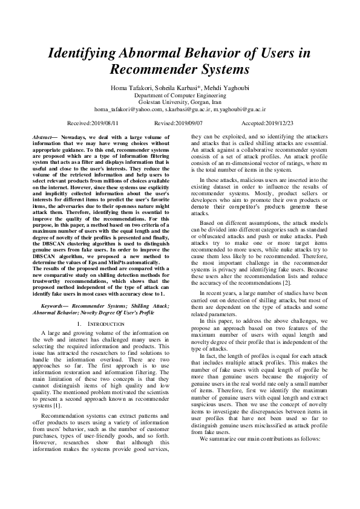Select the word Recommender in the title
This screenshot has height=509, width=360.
coord(151,68)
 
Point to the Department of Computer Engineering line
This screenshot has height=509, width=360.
coord(180,96)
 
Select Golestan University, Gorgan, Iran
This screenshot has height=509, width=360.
coord(180,103)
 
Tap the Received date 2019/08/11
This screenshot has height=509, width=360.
coord(109,122)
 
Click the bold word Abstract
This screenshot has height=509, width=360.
coord(42,138)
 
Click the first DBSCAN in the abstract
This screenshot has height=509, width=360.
coord(51,244)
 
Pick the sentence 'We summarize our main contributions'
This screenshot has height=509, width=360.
coord(242,438)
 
